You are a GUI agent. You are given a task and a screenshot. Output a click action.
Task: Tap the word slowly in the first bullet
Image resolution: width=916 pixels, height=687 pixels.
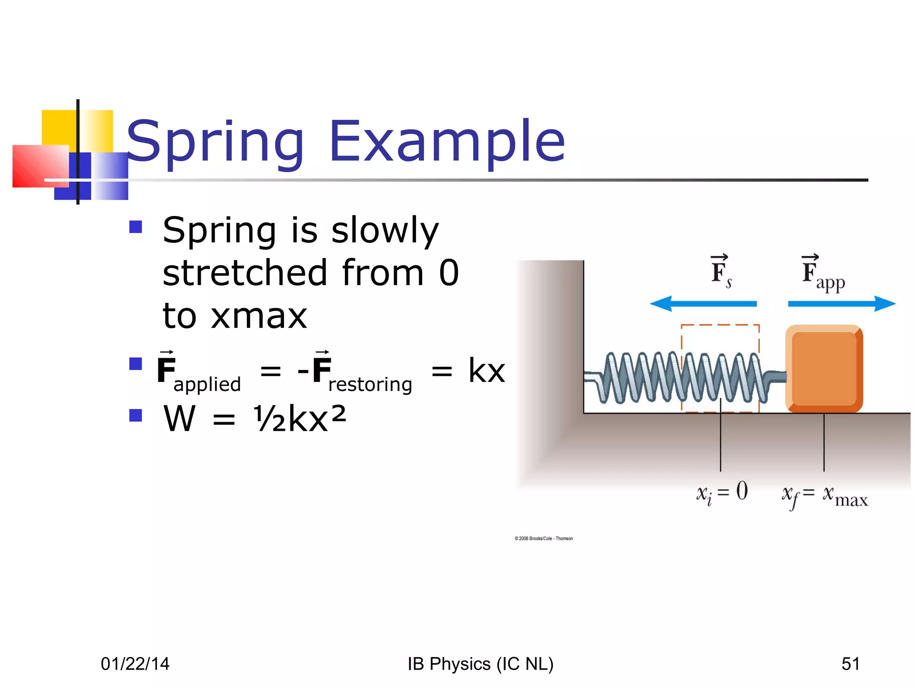(385, 231)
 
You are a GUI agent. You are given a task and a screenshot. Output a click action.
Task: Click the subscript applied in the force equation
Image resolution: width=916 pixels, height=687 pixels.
(207, 385)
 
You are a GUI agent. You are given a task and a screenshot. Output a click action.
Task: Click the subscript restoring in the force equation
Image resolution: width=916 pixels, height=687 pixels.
(370, 385)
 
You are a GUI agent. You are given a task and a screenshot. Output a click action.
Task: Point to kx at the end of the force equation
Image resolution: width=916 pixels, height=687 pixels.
(487, 371)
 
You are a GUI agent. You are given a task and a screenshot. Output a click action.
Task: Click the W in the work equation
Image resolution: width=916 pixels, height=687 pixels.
(179, 419)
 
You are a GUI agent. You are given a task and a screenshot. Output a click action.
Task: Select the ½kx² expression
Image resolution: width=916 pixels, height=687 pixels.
(300, 419)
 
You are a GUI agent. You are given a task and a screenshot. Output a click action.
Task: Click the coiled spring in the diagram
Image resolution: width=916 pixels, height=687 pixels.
(680, 378)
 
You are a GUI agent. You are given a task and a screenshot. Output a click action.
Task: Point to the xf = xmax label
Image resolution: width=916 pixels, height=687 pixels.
(824, 496)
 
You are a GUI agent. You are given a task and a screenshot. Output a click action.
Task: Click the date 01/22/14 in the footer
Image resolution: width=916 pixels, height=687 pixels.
(135, 664)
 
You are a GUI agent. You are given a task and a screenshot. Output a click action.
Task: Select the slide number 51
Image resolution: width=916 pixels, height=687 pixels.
(850, 664)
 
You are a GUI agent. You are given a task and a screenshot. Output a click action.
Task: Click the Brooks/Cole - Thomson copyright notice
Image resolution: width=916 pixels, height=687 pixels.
(543, 539)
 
